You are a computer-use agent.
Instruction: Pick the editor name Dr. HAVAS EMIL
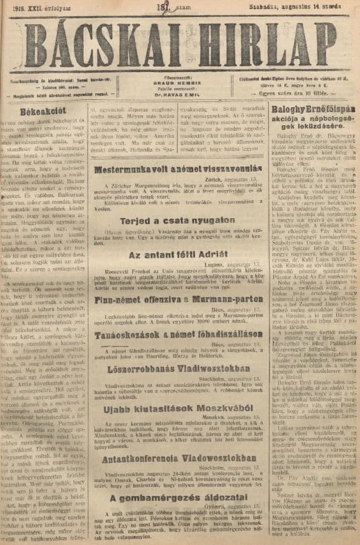179,94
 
